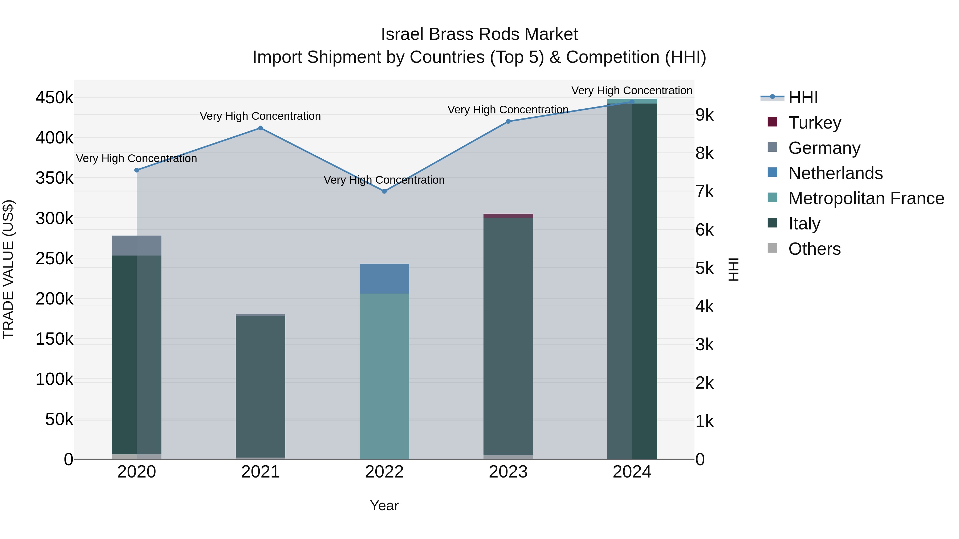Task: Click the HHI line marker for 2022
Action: (x=384, y=191)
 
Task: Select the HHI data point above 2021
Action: (x=260, y=128)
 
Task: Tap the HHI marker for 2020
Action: (x=137, y=170)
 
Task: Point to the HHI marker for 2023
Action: (x=508, y=121)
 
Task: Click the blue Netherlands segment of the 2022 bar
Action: (x=384, y=279)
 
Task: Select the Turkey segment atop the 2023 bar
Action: (x=508, y=216)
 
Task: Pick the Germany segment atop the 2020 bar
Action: (x=137, y=245)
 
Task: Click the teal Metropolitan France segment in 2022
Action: (x=384, y=376)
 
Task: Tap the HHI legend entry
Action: (x=803, y=97)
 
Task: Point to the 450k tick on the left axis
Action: (x=54, y=98)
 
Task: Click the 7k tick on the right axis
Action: (x=704, y=192)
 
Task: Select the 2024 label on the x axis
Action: (x=632, y=472)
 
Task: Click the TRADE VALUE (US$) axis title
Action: (x=8, y=269)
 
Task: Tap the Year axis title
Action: (x=384, y=505)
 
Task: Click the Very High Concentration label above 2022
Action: (x=384, y=180)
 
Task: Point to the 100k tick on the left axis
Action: (x=54, y=379)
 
